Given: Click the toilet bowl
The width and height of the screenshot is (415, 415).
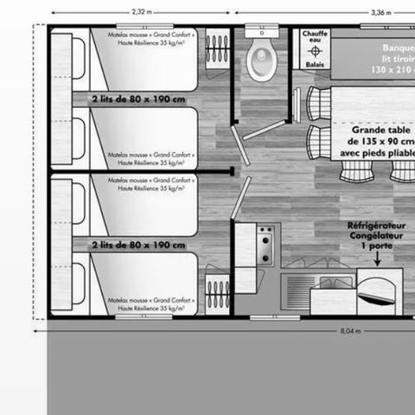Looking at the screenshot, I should (260, 61).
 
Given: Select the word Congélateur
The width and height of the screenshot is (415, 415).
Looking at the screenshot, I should (377, 234).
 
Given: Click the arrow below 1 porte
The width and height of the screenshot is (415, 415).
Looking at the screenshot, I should (377, 257).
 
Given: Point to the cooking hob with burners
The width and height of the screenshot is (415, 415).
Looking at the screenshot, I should (265, 237).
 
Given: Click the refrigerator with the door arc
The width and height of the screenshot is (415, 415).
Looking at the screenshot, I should (380, 290).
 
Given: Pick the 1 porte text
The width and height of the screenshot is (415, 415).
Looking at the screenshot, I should (377, 245).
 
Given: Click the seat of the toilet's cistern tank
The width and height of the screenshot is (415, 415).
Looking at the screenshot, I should (260, 35).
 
